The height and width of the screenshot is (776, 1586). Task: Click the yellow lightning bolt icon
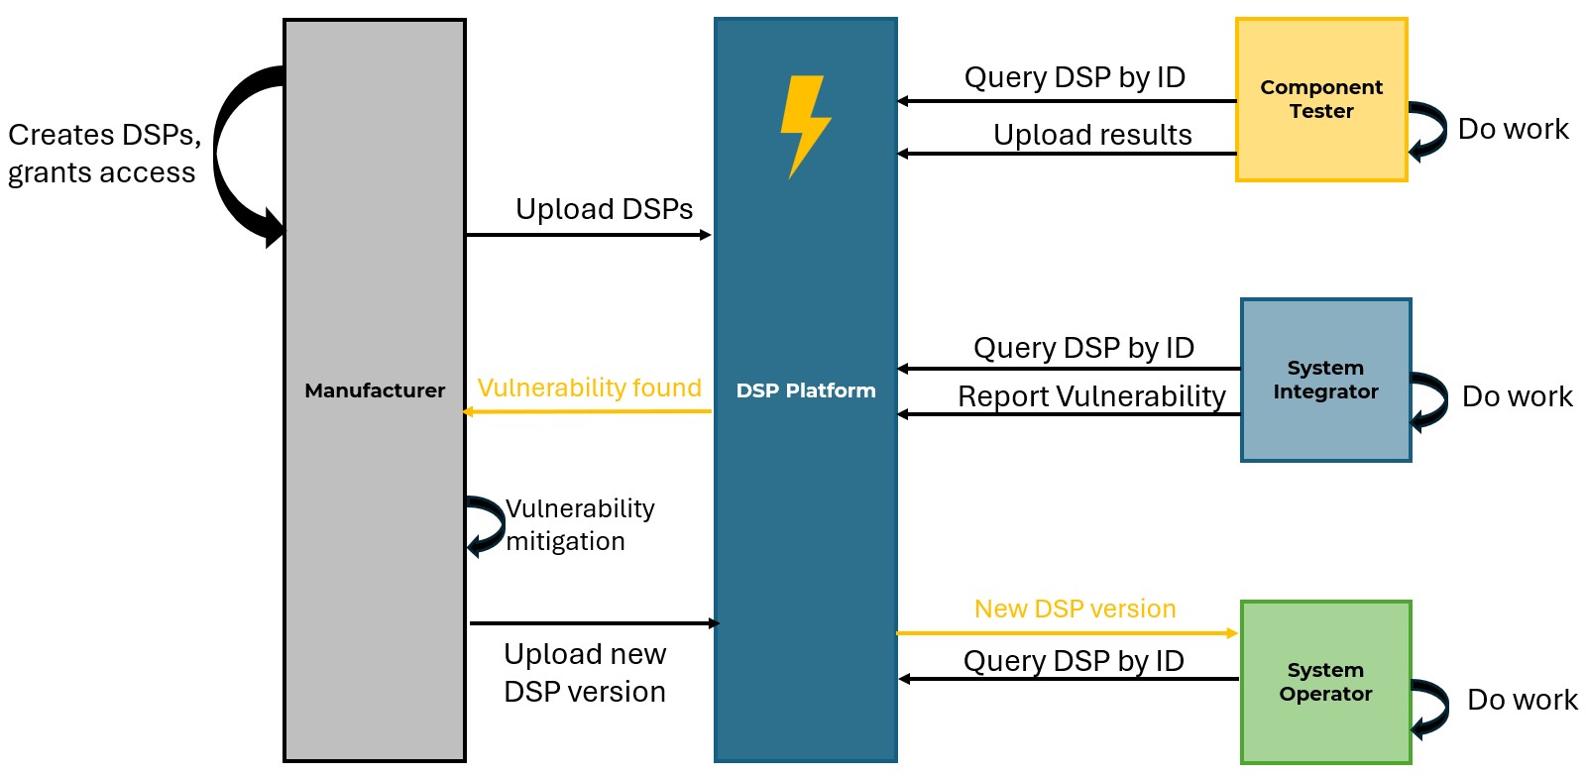coord(805,125)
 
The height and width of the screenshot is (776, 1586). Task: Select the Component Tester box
coord(1321,99)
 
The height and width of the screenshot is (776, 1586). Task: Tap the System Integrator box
coord(1325,380)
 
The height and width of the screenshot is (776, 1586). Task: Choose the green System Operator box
coord(1325,682)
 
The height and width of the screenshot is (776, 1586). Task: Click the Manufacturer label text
coord(375,390)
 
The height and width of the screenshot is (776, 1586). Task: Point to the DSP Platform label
coord(806,390)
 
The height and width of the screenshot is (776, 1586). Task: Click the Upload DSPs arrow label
coord(604,209)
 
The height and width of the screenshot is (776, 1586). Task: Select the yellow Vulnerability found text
coord(589,388)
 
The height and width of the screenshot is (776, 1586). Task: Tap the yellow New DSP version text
coord(1075,609)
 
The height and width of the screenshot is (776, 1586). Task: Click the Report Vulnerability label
coord(1091,396)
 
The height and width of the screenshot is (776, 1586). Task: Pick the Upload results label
coord(1092,135)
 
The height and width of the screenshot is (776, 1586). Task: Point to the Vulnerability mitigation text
coord(580,524)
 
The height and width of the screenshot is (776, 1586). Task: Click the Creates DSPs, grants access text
coord(103,153)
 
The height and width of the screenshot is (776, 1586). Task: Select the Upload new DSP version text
coord(585,672)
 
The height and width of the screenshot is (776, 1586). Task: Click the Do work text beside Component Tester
coord(1513,129)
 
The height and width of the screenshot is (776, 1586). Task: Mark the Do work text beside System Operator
coord(1522,700)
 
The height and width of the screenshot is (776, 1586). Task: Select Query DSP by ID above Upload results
coord(1075,77)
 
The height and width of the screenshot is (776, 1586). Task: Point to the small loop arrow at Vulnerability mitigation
coord(486,525)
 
